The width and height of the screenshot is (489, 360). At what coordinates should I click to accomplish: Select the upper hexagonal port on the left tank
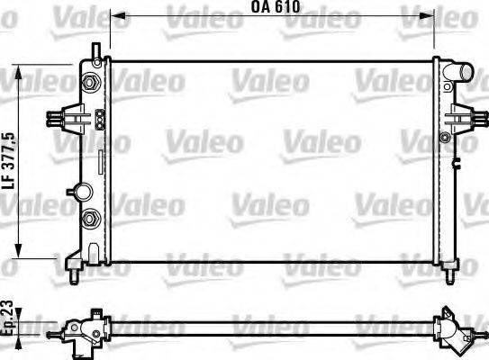coord(90,83)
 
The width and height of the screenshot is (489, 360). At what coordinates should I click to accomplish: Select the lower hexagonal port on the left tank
coord(90,219)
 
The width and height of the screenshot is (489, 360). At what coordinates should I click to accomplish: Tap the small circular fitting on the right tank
coord(444,137)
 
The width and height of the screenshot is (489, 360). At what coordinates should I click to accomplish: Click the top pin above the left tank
coord(93,50)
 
